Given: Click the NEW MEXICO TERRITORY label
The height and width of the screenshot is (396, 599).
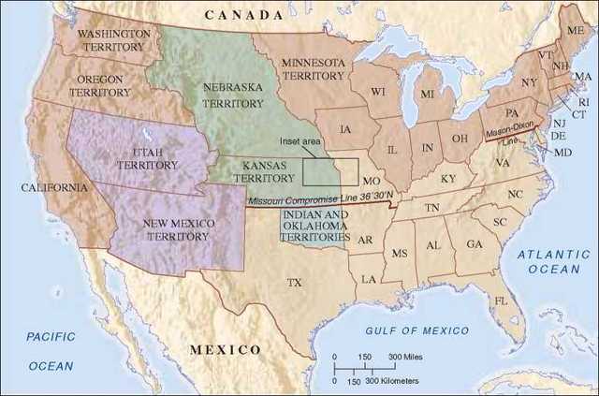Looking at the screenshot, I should click(x=179, y=229).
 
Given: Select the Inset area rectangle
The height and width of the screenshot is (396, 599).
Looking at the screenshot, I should click(x=329, y=171).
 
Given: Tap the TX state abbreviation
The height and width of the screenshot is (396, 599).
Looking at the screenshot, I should click(x=295, y=281).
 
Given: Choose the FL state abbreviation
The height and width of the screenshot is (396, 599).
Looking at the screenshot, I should click(x=501, y=301).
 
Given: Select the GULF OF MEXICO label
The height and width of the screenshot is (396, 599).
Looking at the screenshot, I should click(x=418, y=330).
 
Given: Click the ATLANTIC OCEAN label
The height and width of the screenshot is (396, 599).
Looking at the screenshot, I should click(x=553, y=260).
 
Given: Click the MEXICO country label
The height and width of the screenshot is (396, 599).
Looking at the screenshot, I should click(x=225, y=349).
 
